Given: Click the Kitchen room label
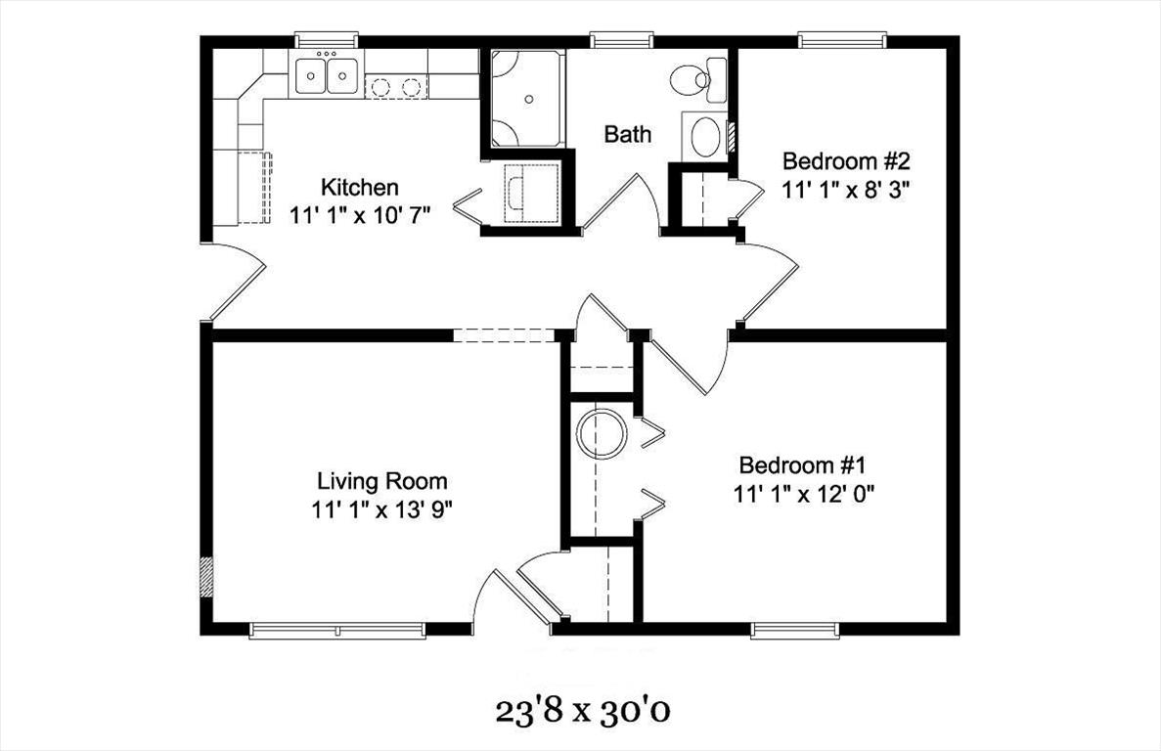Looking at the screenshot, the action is click(359, 187).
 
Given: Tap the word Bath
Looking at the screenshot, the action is click(628, 135).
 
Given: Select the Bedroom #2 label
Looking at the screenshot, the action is click(846, 160).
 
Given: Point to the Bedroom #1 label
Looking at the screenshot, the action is click(802, 465).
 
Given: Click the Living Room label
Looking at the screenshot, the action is click(382, 482).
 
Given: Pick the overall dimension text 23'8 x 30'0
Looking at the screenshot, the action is click(583, 711).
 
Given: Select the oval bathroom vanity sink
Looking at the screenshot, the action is click(708, 136).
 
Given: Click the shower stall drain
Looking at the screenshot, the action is click(528, 98).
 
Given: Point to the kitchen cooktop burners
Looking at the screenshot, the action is click(395, 87).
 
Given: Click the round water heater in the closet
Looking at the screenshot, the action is click(602, 433).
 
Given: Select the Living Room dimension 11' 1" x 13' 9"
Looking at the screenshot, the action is click(382, 509).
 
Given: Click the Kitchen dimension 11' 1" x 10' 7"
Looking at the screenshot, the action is click(360, 215).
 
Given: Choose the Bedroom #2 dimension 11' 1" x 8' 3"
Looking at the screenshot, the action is click(846, 190).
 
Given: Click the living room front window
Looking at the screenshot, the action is click(337, 631).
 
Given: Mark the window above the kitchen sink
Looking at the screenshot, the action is click(327, 40).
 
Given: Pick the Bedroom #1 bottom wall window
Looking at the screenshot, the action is click(796, 631).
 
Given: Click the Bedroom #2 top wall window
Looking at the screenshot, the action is click(842, 40).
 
